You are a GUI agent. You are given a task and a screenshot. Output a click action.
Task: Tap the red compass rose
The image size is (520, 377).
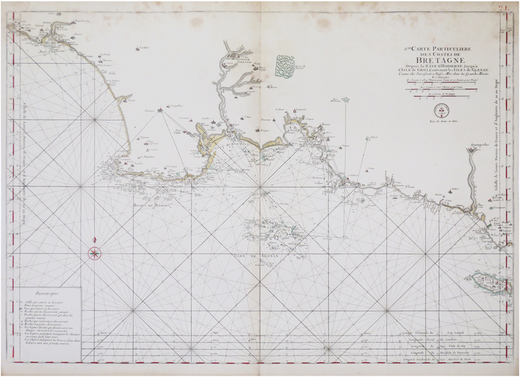point(95,252)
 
